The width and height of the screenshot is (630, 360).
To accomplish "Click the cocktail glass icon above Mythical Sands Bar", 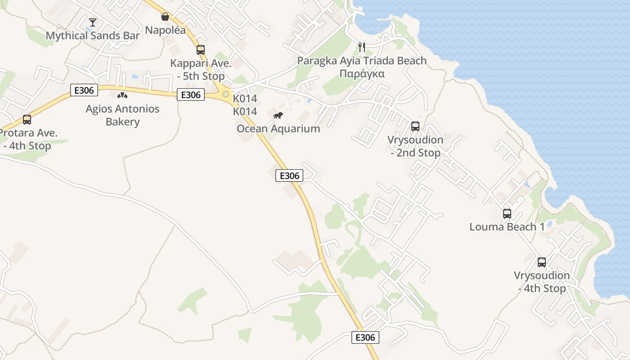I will coord(93,22).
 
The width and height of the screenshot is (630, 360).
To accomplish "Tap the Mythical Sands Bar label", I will coord(93,36).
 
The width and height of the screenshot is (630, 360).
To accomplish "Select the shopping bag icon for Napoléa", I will coord(165,17).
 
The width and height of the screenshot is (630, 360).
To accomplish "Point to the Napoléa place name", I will coord(165,30).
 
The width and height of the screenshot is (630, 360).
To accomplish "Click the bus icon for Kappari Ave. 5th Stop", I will coord(201,50).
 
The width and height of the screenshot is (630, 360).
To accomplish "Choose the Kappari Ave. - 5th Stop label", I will coord(201,69).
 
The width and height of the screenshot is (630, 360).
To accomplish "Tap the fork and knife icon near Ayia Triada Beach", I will coord(362,47).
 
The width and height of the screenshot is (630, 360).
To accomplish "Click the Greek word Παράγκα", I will coord(362,74).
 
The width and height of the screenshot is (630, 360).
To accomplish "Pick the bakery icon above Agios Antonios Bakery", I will coord(122,95).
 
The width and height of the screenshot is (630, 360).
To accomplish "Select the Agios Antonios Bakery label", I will coord(122,115).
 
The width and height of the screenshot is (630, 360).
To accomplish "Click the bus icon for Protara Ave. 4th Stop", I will coord(27,120).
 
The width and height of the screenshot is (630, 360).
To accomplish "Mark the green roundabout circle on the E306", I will coord(225,94).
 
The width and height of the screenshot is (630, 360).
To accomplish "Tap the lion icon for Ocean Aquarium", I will coord(278,116).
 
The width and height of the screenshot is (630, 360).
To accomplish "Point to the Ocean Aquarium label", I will coord(278,129).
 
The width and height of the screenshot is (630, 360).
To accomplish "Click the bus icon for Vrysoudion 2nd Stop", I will coord(415,126).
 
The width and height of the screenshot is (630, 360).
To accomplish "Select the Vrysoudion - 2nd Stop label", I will coord(415,146).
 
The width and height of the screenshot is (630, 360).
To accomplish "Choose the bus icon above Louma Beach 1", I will coord(507,214).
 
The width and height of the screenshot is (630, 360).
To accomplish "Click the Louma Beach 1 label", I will coord(507,227).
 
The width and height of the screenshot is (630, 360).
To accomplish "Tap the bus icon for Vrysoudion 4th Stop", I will coord(542,262).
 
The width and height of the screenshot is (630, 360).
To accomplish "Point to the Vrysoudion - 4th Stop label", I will coord(542,282).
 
